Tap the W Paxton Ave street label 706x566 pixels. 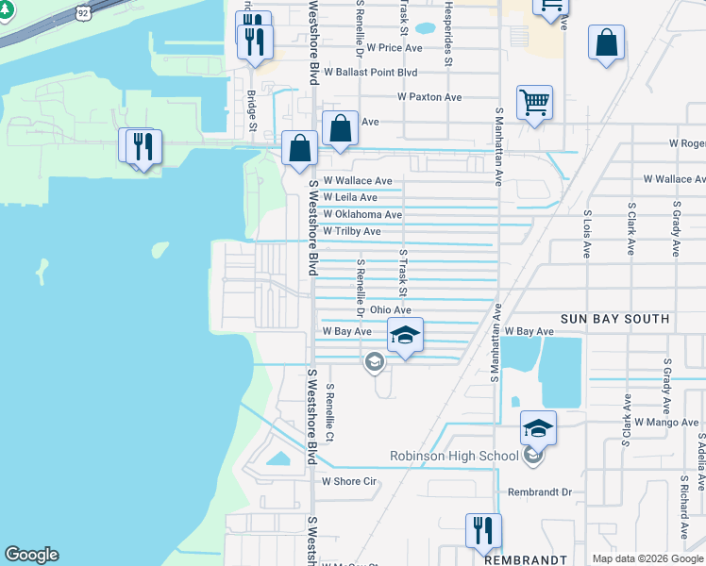(429, 97)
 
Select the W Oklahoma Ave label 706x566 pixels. (362, 215)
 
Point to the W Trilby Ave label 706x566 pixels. (352, 231)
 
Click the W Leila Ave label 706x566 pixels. (350, 197)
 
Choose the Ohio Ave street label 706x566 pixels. (391, 309)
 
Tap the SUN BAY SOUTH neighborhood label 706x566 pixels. (615, 320)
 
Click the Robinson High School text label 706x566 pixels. (455, 457)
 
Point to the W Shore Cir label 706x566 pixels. (349, 481)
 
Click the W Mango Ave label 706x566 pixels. (666, 422)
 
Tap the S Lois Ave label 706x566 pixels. (587, 236)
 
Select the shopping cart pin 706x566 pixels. (534, 103)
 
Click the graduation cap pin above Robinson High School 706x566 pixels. (538, 428)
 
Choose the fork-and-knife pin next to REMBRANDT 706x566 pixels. (483, 531)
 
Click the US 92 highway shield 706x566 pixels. (83, 13)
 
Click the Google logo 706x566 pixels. (32, 555)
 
